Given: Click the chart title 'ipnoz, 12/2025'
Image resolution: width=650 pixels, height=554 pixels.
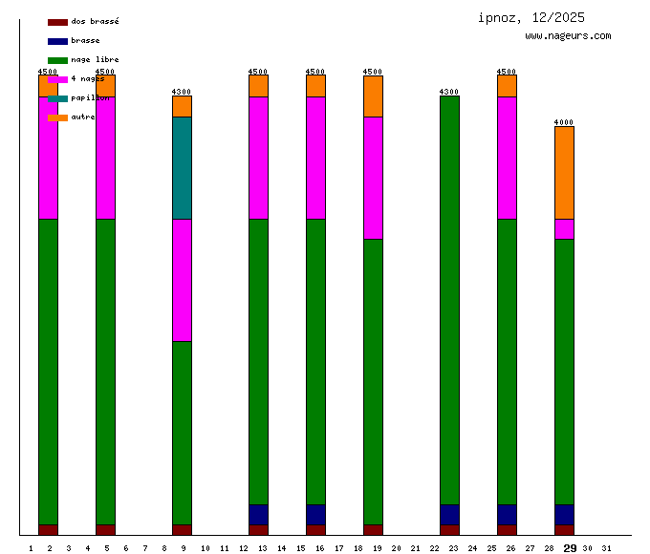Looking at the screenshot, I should click(x=531, y=17).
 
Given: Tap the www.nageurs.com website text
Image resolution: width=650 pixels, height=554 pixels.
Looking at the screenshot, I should click(x=568, y=36).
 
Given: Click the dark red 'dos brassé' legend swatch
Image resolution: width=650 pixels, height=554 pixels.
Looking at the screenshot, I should click(x=57, y=21).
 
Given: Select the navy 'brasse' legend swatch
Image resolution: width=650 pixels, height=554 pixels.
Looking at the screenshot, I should click(x=57, y=41).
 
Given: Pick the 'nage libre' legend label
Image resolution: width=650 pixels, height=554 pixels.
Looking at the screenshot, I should click(x=95, y=59).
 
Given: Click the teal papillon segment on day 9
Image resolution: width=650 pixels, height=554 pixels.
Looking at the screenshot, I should click(x=182, y=168).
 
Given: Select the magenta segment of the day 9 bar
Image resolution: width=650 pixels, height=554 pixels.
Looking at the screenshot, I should click(x=182, y=280).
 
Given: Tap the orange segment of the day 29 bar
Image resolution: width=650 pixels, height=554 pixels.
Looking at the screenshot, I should click(x=564, y=172).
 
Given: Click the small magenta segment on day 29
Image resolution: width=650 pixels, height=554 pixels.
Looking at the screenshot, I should click(x=564, y=229).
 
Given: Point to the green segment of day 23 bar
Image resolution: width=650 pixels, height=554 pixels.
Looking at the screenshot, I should click(x=449, y=300).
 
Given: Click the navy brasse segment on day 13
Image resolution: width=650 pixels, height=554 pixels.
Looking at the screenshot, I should click(x=258, y=515).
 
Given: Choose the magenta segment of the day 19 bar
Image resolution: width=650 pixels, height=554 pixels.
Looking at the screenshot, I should click(x=373, y=178).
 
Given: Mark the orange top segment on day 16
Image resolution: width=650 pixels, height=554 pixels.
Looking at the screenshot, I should click(x=315, y=86).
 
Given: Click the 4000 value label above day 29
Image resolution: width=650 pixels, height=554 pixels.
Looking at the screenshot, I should click(x=564, y=122).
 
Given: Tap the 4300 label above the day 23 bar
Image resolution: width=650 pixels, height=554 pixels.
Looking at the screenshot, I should click(x=449, y=92).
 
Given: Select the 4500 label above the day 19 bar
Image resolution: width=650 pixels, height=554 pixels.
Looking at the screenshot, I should click(x=373, y=72).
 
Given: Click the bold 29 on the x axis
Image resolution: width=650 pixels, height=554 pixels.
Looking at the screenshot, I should click(x=570, y=548).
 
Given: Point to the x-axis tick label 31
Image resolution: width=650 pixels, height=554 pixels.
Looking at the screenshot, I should click(x=606, y=548).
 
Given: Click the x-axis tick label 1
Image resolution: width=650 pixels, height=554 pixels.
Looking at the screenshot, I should click(x=31, y=548).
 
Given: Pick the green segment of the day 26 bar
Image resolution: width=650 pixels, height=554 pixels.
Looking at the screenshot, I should click(x=507, y=362).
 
